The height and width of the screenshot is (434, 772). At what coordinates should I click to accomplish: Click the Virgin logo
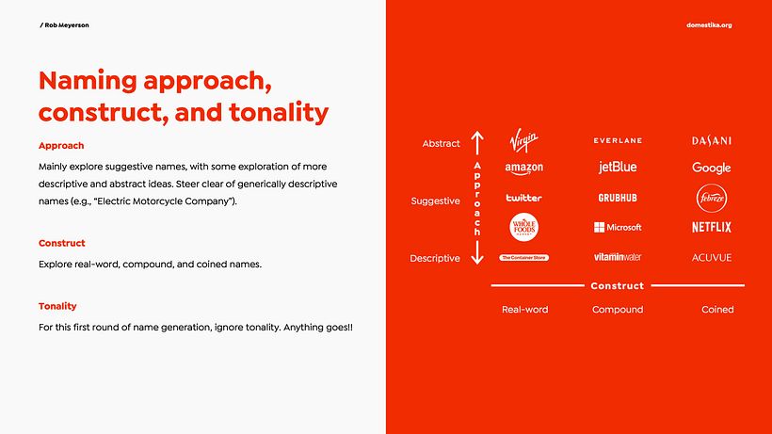523,141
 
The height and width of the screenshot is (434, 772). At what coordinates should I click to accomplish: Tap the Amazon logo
523,169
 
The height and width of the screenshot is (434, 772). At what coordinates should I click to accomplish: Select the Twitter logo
523,198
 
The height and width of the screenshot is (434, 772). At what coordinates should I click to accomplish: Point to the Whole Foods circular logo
523,227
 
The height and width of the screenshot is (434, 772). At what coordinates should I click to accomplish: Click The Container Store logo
523,257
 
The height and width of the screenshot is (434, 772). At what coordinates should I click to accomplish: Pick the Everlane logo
618,140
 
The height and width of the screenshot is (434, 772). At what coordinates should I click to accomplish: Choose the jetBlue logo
618,168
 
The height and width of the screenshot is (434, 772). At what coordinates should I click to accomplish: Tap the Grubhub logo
618,198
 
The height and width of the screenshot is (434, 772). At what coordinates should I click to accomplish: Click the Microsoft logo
618,227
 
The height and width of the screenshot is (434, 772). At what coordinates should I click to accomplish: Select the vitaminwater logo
618,257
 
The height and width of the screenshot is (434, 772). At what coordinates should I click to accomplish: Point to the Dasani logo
712,140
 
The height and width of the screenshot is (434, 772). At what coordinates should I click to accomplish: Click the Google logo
712,168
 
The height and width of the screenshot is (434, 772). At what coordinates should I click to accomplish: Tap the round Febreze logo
712,198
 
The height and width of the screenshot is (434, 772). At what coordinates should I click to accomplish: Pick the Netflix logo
712,227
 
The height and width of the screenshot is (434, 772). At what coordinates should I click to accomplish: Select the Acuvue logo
712,257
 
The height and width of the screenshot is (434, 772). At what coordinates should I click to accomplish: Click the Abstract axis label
441,144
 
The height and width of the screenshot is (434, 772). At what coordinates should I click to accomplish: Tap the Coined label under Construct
717,309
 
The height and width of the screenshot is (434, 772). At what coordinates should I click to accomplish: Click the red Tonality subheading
57,306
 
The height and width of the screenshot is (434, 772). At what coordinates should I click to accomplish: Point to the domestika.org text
709,24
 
